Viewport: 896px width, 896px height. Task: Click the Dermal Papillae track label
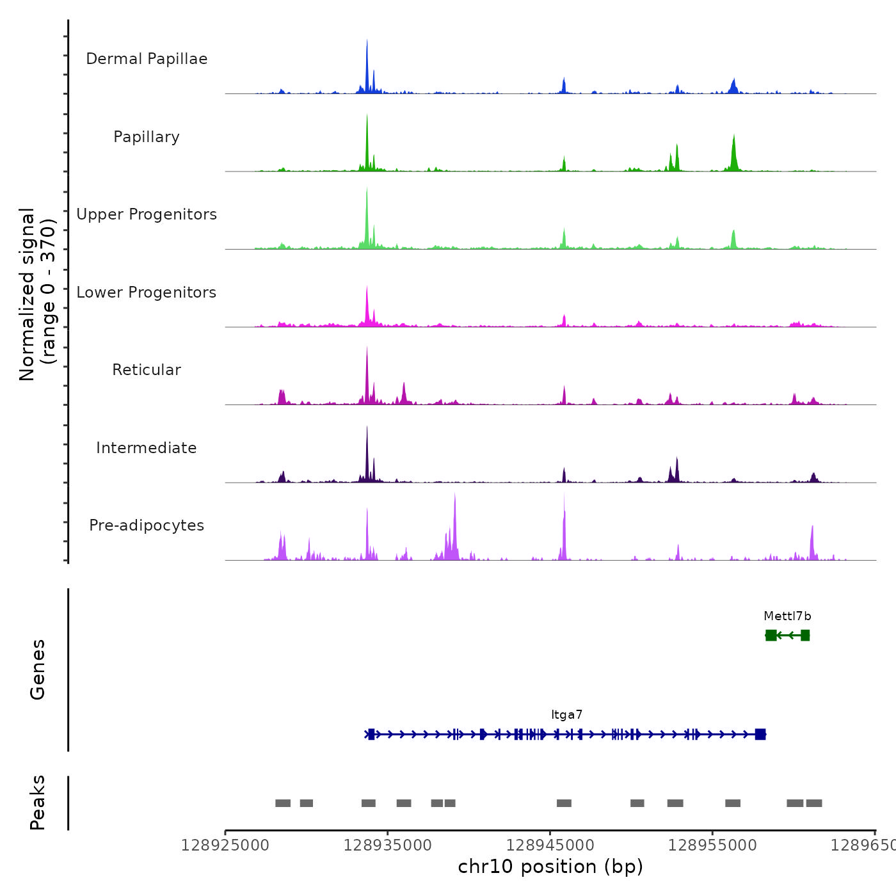pyautogui.click(x=147, y=59)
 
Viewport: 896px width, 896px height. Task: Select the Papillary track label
pyautogui.click(x=147, y=137)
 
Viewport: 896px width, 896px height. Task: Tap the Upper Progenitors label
pyautogui.click(x=147, y=214)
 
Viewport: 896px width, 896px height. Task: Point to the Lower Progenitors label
pyautogui.click(x=147, y=292)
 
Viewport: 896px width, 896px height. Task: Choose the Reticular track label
pyautogui.click(x=147, y=370)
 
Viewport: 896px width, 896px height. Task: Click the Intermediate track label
pyautogui.click(x=147, y=448)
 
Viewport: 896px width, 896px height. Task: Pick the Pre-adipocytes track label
pyautogui.click(x=147, y=525)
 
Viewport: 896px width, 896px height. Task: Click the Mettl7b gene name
pyautogui.click(x=787, y=616)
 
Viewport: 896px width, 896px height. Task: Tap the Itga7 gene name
pyautogui.click(x=567, y=715)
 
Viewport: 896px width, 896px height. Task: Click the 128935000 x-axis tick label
pyautogui.click(x=387, y=845)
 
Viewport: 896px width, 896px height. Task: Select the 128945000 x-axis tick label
pyautogui.click(x=550, y=845)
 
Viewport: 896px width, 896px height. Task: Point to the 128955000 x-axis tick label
pyautogui.click(x=712, y=845)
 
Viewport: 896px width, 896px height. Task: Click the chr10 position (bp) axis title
pyautogui.click(x=550, y=867)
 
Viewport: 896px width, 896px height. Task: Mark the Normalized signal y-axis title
pyautogui.click(x=37, y=294)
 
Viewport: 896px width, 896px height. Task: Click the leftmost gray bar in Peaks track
pyautogui.click(x=283, y=803)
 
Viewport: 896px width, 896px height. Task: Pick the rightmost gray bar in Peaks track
pyautogui.click(x=814, y=803)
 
